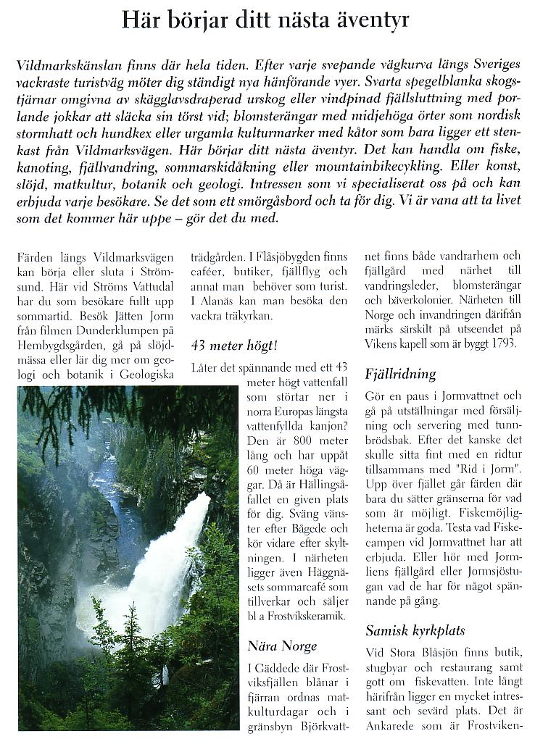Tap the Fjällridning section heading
click(x=400, y=374)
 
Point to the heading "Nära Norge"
click(x=282, y=646)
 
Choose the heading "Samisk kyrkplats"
click(x=415, y=630)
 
